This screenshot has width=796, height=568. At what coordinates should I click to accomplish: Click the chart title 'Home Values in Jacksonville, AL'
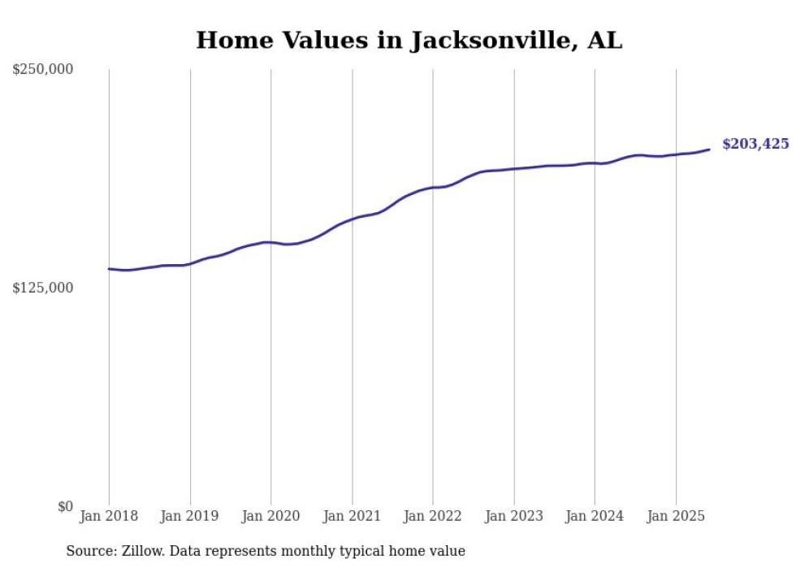[x=409, y=40]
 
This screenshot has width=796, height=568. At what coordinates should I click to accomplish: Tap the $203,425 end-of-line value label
[x=755, y=144]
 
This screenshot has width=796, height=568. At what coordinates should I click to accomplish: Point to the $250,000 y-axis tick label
[x=42, y=70]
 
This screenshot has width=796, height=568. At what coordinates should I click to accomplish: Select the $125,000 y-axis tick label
[x=42, y=288]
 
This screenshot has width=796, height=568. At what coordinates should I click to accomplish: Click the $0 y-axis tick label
[x=65, y=506]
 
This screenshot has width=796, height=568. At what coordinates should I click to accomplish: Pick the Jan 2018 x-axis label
[x=109, y=516]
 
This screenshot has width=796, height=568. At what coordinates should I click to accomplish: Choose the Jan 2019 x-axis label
[x=190, y=516]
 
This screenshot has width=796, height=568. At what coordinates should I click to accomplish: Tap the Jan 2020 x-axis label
[x=271, y=516]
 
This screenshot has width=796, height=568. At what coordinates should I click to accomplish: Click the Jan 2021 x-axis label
[x=352, y=516]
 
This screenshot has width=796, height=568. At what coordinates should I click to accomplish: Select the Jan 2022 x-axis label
[x=433, y=516]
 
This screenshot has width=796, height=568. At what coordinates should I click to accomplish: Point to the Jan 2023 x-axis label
[x=514, y=516]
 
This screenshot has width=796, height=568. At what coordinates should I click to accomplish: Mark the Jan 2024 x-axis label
[x=595, y=516]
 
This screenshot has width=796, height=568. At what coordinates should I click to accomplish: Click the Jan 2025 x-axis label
[x=676, y=516]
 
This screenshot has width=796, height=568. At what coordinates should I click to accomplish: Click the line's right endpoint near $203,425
[x=709, y=149]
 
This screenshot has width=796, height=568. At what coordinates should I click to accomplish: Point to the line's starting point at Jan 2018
[x=109, y=268]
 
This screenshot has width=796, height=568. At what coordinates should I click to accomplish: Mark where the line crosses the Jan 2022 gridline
[x=433, y=188]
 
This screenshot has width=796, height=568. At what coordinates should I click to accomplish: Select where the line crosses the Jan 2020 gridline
[x=271, y=242]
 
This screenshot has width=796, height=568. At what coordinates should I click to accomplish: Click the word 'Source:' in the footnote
[x=89, y=551]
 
